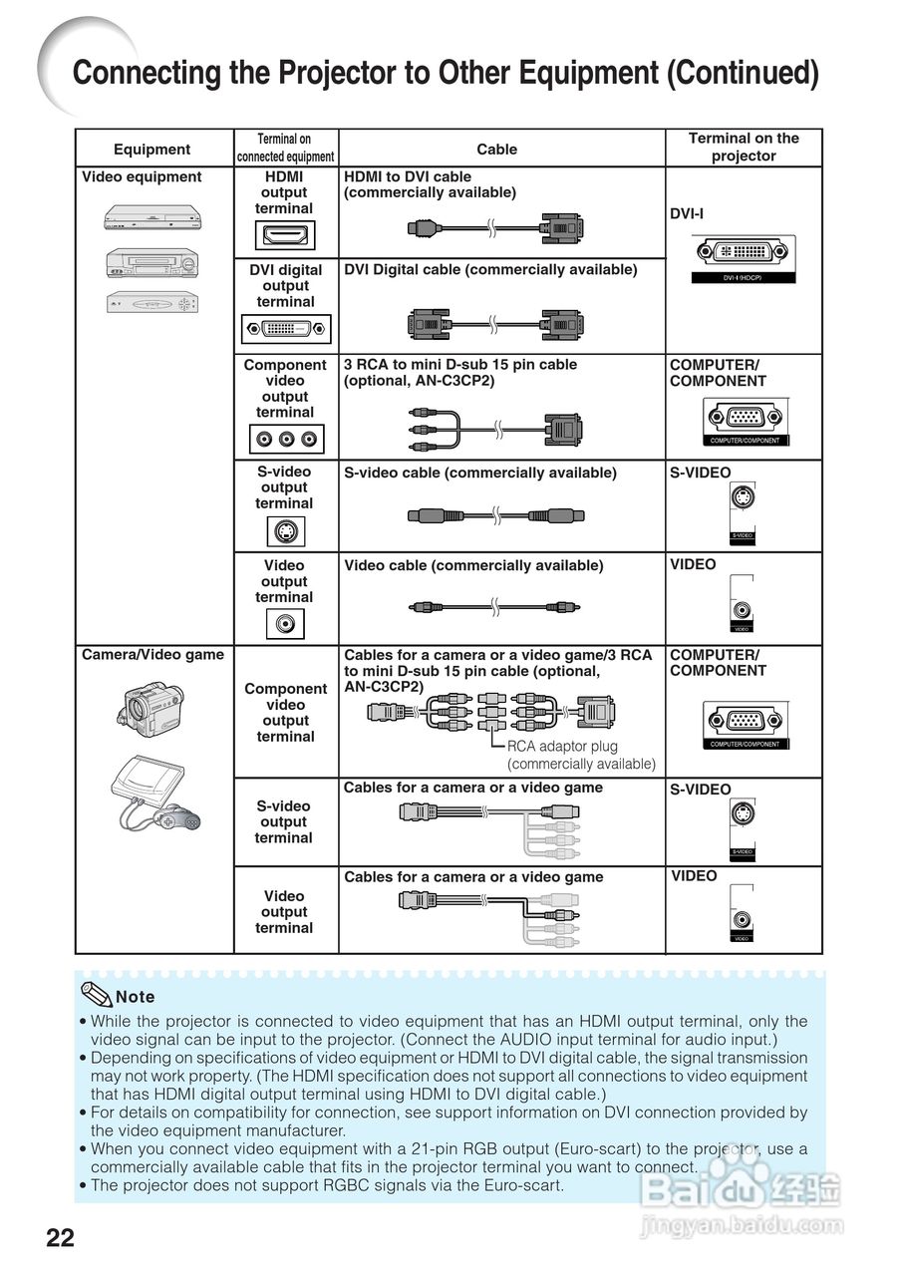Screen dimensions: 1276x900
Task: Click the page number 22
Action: click(60, 1237)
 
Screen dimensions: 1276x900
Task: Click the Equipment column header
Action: click(151, 150)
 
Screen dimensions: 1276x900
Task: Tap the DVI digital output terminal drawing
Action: click(285, 328)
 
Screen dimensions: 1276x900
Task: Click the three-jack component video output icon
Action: click(285, 439)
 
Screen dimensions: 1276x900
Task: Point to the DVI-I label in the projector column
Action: click(688, 213)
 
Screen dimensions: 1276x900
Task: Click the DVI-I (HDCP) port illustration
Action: click(743, 254)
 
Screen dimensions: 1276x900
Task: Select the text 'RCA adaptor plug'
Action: click(562, 746)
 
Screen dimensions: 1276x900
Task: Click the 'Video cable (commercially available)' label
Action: click(473, 565)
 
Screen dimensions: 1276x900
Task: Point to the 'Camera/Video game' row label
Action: click(152, 655)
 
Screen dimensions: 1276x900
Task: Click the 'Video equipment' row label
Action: click(142, 177)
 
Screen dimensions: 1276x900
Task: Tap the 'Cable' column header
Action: click(496, 150)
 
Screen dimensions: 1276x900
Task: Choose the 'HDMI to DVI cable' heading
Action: click(408, 176)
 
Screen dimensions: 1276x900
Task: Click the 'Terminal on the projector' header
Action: click(744, 148)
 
